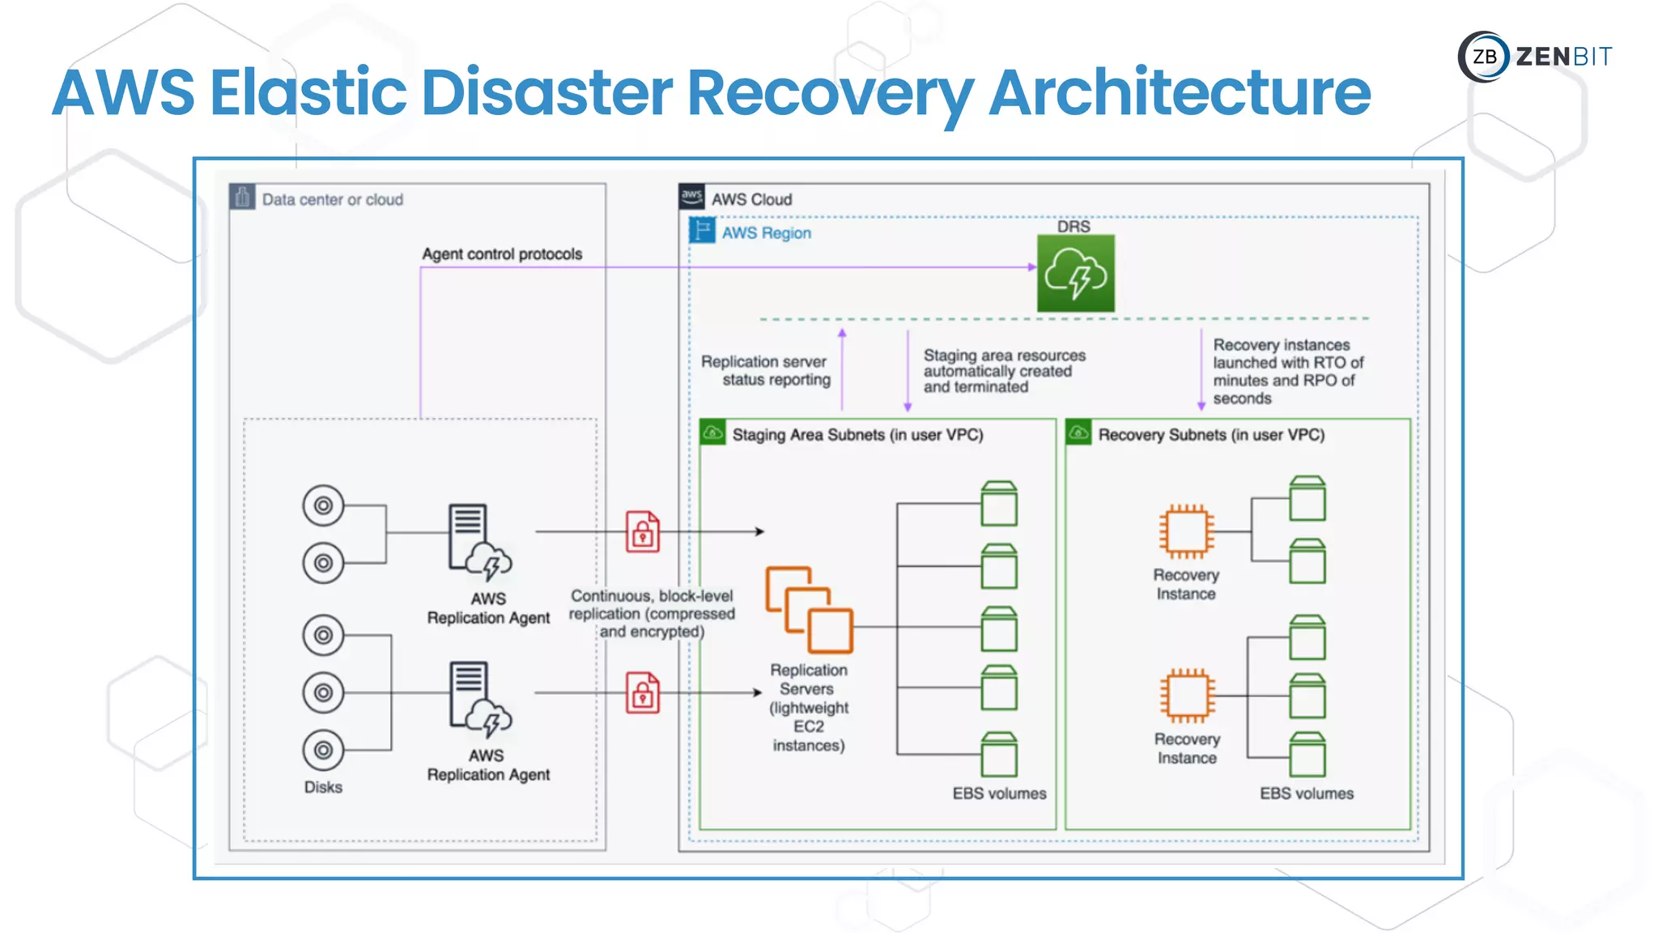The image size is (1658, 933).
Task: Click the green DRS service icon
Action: [1075, 274]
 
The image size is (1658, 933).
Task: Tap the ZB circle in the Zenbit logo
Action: [1484, 57]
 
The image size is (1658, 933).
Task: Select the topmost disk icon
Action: [323, 506]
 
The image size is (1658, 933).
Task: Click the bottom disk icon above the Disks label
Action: [323, 750]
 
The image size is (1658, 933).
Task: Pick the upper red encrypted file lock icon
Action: [643, 532]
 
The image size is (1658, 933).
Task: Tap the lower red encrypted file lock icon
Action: [643, 693]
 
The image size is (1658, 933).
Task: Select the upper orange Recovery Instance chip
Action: [1186, 532]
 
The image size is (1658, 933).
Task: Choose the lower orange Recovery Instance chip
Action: [1187, 696]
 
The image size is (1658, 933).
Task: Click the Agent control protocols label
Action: [502, 254]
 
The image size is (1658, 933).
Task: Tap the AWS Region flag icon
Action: [702, 231]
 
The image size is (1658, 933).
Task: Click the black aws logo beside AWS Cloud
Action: [691, 197]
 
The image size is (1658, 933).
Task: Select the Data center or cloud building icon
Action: [242, 197]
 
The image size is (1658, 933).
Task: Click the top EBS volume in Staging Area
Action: [999, 504]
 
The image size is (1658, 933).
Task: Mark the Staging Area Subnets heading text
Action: [857, 435]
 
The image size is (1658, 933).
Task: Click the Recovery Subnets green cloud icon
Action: [1078, 432]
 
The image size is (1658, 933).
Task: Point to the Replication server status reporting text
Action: [766, 371]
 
